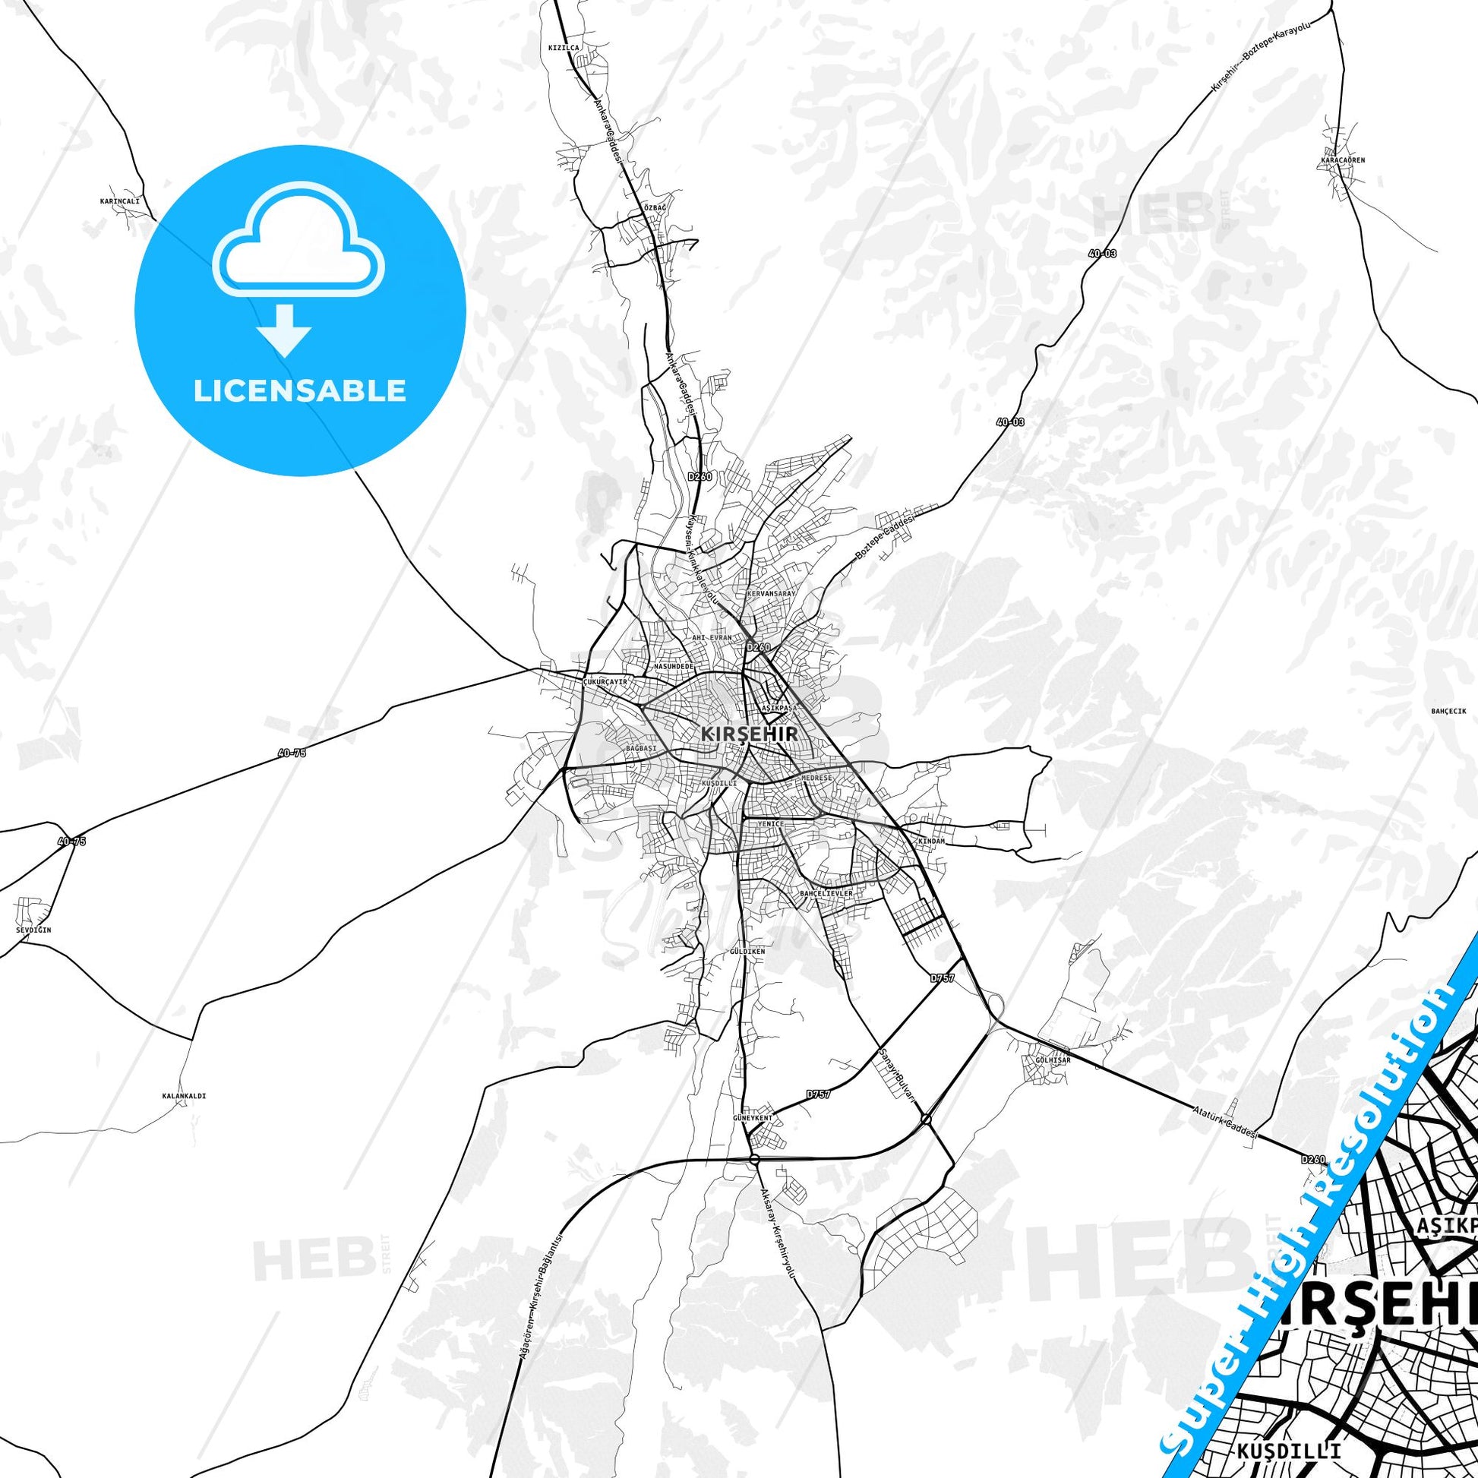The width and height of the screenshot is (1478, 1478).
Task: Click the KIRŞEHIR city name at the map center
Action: pos(750,733)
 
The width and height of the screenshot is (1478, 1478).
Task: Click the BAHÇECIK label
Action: pos(1448,711)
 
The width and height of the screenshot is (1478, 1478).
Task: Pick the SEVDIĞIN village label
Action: pos(33,930)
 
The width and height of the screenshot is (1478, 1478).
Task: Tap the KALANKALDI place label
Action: pos(184,1095)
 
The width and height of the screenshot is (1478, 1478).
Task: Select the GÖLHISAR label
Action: pos(1053,1060)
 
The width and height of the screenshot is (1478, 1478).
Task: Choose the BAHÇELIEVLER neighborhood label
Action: pos(826,892)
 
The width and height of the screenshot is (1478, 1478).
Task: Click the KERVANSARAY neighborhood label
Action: pos(770,593)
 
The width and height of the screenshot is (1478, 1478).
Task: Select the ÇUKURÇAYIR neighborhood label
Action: pos(605,681)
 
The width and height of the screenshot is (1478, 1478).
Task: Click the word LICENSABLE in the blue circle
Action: pos(300,391)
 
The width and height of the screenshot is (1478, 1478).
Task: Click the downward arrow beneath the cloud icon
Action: pos(284,330)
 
